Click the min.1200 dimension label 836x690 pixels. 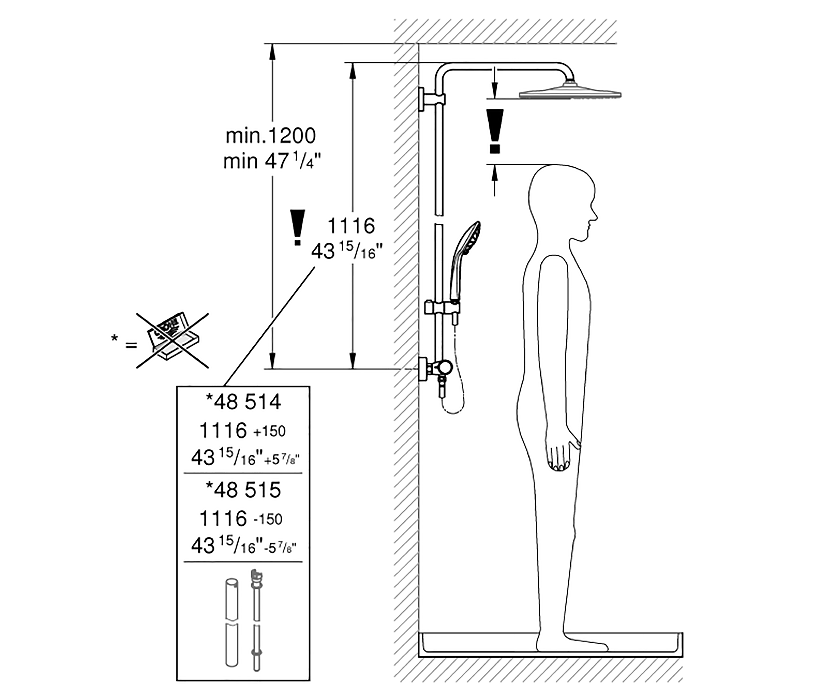[271, 136]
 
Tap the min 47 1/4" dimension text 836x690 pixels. [272, 161]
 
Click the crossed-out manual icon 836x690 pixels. [173, 340]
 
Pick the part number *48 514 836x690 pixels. [243, 402]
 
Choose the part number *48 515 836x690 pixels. [243, 490]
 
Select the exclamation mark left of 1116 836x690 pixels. [297, 227]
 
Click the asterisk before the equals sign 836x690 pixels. [115, 339]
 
